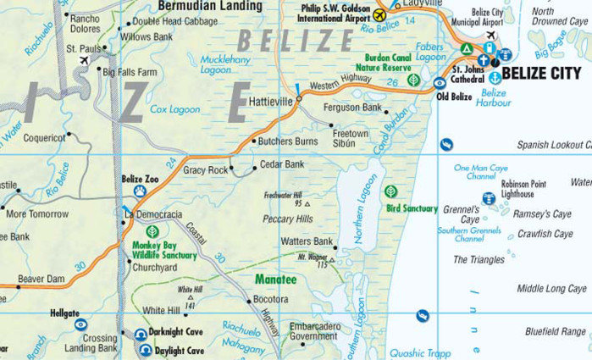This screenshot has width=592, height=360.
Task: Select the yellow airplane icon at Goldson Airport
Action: [380, 14]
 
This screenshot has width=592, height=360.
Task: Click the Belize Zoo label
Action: [140, 179]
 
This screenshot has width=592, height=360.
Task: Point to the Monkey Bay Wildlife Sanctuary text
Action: [164, 250]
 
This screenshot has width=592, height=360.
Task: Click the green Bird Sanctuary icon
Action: [390, 191]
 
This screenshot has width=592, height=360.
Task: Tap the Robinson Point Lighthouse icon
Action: [489, 198]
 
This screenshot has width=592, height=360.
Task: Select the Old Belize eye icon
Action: [440, 83]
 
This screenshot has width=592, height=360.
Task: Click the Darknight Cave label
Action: [176, 333]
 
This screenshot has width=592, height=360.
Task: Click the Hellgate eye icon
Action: [80, 324]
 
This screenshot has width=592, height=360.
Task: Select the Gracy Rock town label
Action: [206, 170]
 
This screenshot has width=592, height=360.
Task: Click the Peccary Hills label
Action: [288, 219]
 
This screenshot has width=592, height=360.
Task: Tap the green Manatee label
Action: [276, 279]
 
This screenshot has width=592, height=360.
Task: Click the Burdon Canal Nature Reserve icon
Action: [413, 80]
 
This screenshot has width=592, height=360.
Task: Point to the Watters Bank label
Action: [307, 241]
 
